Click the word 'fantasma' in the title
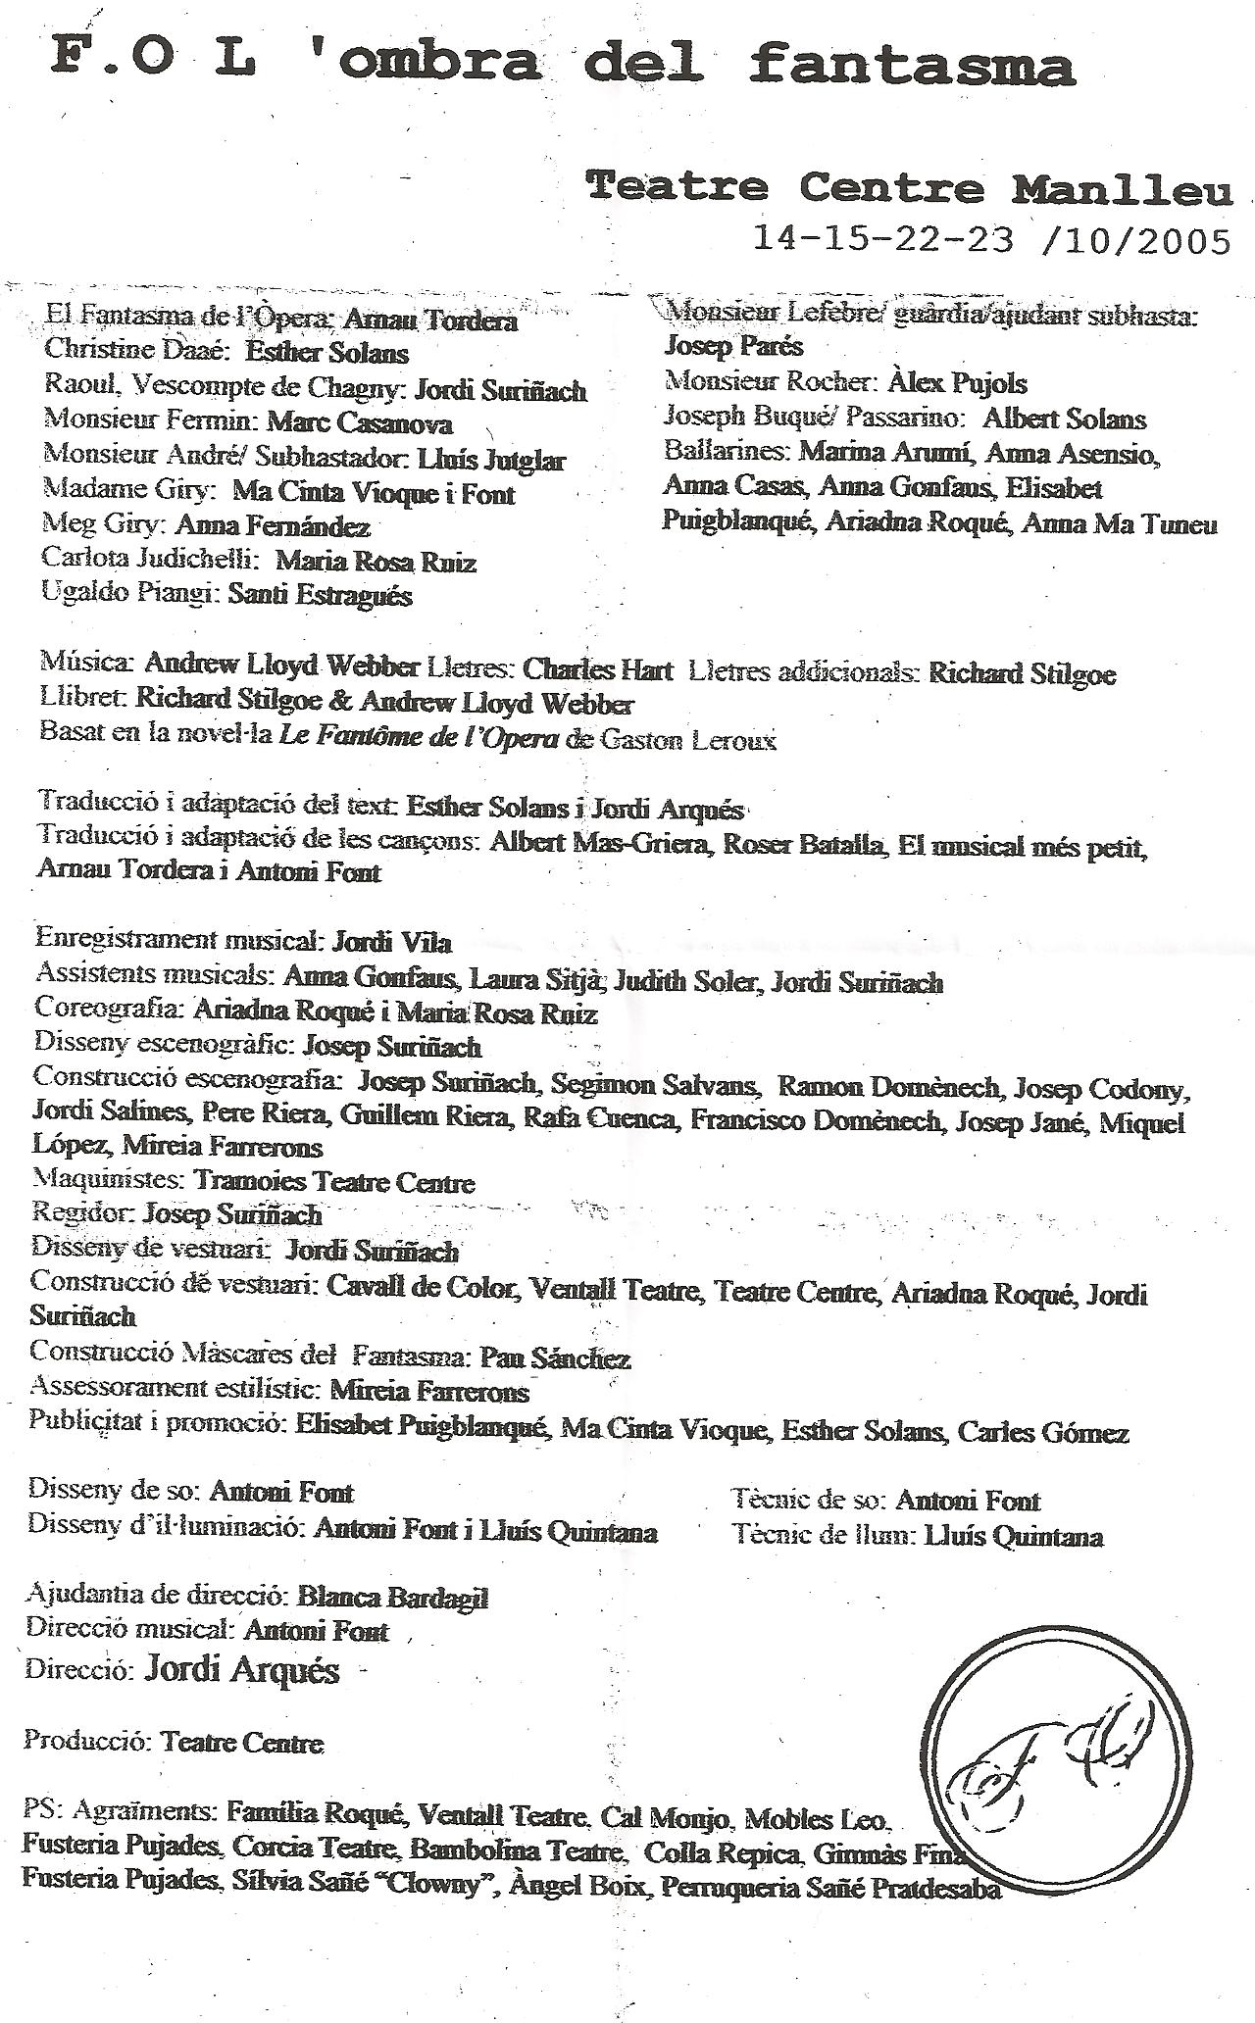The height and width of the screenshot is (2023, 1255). click(913, 65)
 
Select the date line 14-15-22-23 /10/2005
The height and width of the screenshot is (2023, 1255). click(991, 239)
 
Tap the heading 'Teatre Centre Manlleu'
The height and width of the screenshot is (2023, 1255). click(908, 185)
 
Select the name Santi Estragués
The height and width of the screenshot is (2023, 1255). click(320, 595)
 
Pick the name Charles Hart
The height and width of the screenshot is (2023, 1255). click(598, 670)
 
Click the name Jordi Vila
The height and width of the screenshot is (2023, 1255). click(392, 942)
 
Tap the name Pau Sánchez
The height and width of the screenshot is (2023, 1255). click(555, 1357)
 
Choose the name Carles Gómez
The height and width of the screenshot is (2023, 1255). click(1043, 1432)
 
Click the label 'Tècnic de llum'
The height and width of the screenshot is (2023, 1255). click(822, 1536)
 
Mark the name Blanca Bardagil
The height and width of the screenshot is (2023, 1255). click(392, 1598)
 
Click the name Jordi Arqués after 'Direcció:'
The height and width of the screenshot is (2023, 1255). click(242, 1669)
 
